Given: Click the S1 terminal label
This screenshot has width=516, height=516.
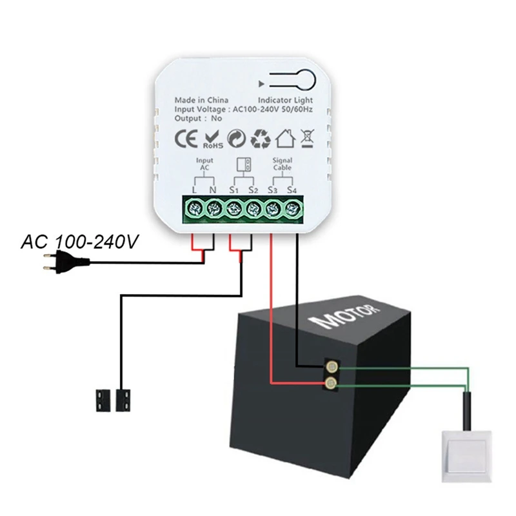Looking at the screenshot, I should (x=233, y=190).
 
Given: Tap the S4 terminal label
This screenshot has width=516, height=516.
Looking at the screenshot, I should (x=292, y=190).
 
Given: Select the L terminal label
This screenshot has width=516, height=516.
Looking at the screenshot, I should (x=193, y=190).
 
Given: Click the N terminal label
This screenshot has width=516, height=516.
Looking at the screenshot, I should (x=213, y=190).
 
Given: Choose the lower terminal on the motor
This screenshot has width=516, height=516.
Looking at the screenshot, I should (x=330, y=384).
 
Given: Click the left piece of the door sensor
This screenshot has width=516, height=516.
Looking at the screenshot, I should (x=103, y=399).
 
